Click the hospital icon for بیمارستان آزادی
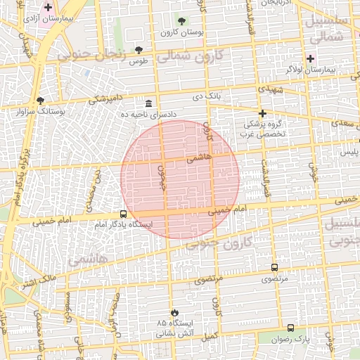click(x=48, y=7)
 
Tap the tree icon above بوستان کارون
click(x=182, y=21)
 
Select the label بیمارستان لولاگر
click(x=328, y=70)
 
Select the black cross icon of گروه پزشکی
click(x=262, y=113)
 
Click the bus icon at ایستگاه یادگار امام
click(x=123, y=214)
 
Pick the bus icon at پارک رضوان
click(x=290, y=328)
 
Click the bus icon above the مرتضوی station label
click(x=274, y=267)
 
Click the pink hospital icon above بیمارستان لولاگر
click(x=310, y=58)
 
